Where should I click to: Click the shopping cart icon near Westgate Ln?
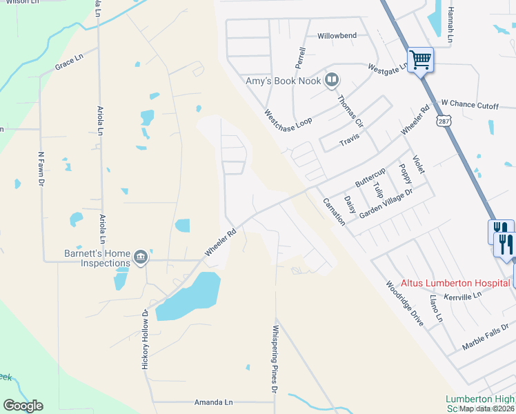[x=420, y=59]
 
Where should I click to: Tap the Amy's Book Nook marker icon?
[x=332, y=81]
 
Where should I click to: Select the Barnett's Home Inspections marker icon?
[x=141, y=257]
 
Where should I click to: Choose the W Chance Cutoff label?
[x=469, y=104]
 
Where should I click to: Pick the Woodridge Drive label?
[x=404, y=303]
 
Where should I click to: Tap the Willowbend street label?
[x=337, y=35]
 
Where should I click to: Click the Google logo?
[x=23, y=406]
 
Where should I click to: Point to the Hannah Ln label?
[x=450, y=26]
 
